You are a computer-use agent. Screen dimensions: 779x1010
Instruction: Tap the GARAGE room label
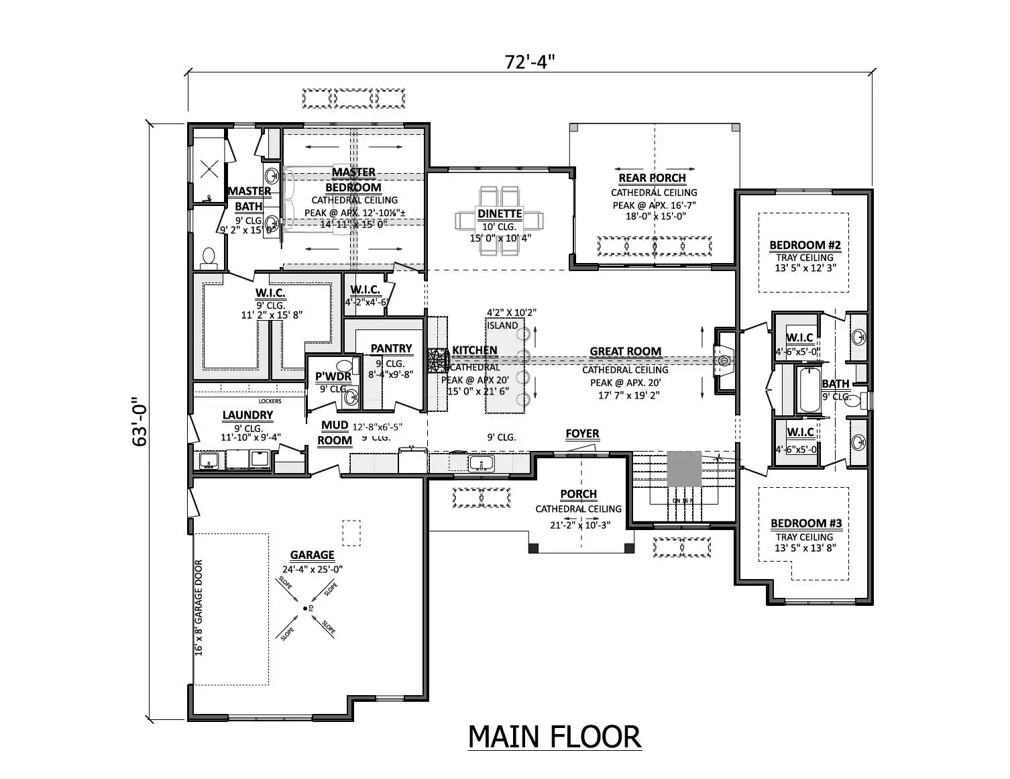click(x=312, y=555)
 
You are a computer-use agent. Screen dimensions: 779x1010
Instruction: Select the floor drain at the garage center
click(x=305, y=608)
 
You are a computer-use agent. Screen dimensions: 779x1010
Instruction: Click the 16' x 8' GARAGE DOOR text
click(x=199, y=608)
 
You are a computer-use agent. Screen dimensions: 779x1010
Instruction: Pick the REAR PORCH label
click(x=652, y=178)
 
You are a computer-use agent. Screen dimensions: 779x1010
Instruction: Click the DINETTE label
click(x=500, y=214)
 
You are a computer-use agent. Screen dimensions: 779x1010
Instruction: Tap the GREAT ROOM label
click(x=625, y=352)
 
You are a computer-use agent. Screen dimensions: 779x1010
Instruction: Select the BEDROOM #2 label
click(x=805, y=245)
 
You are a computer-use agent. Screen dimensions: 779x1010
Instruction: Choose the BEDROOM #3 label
click(x=805, y=523)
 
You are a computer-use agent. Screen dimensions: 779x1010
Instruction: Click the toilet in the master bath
click(x=209, y=258)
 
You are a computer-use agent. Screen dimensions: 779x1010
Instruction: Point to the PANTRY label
click(x=391, y=348)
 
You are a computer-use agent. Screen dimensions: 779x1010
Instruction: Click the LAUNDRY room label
click(x=247, y=415)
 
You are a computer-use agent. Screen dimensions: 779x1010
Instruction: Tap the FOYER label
click(x=582, y=434)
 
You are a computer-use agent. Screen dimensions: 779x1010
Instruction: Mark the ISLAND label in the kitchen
click(x=502, y=325)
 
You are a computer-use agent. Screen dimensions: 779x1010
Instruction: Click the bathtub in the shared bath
click(x=810, y=391)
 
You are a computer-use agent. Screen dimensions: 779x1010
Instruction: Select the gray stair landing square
click(x=684, y=470)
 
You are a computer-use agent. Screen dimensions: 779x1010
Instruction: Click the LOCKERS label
click(x=270, y=401)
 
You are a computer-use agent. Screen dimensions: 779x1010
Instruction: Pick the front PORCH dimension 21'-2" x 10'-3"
click(x=580, y=525)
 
